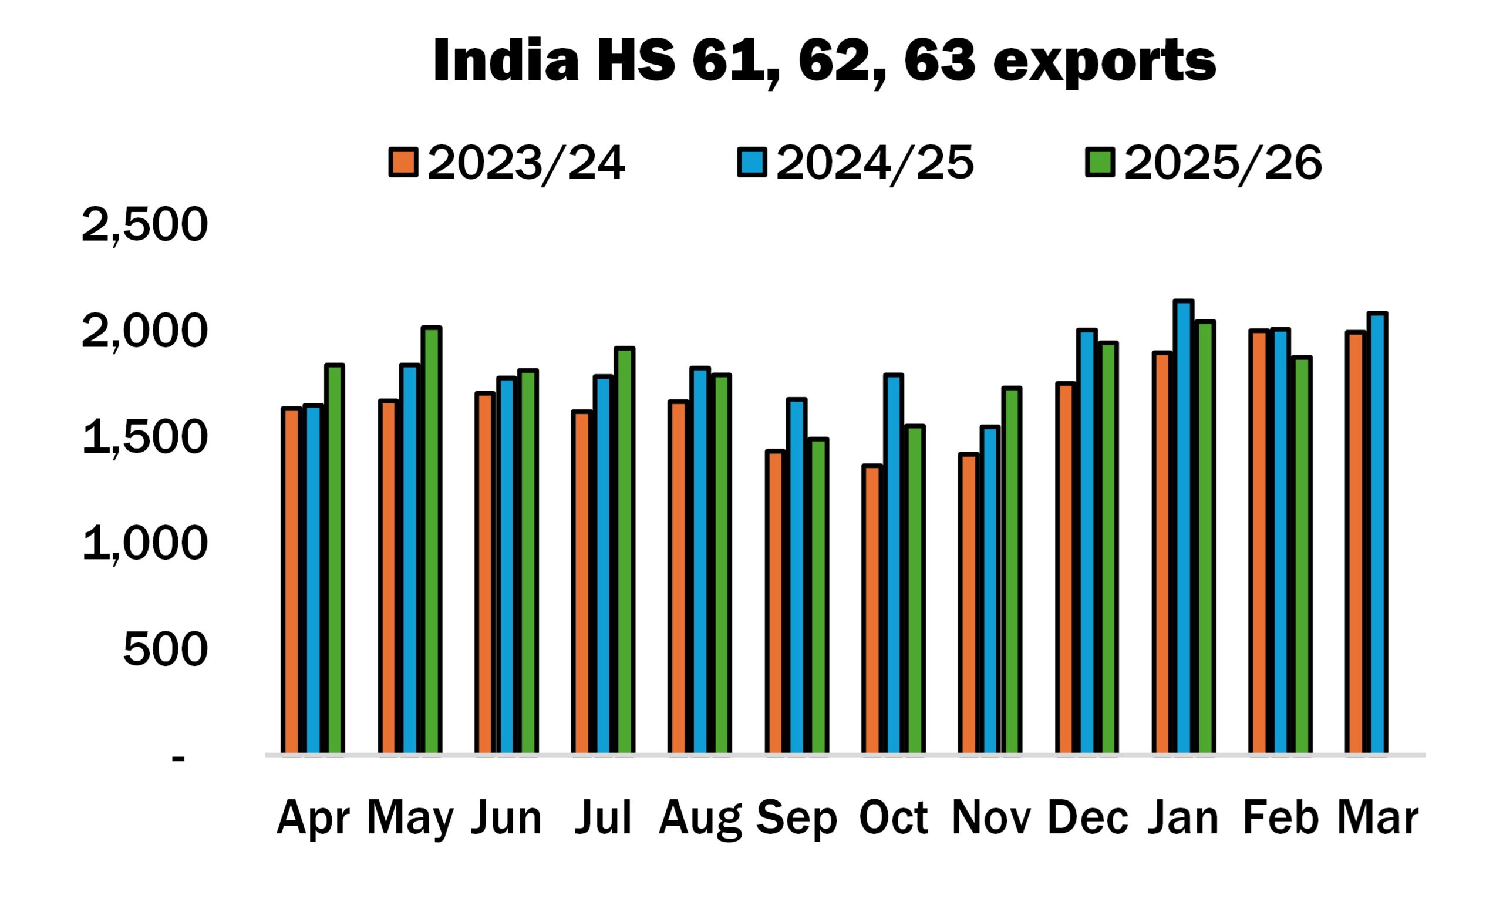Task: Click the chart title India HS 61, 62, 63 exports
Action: point(824,62)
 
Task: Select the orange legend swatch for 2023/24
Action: point(403,162)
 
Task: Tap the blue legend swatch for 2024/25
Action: point(752,162)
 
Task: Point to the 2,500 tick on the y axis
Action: point(144,225)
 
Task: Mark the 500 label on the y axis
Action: point(165,649)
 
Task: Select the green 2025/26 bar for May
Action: point(432,541)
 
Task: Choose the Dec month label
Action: point(1087,818)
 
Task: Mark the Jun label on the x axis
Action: point(506,818)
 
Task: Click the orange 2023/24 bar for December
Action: point(1066,568)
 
